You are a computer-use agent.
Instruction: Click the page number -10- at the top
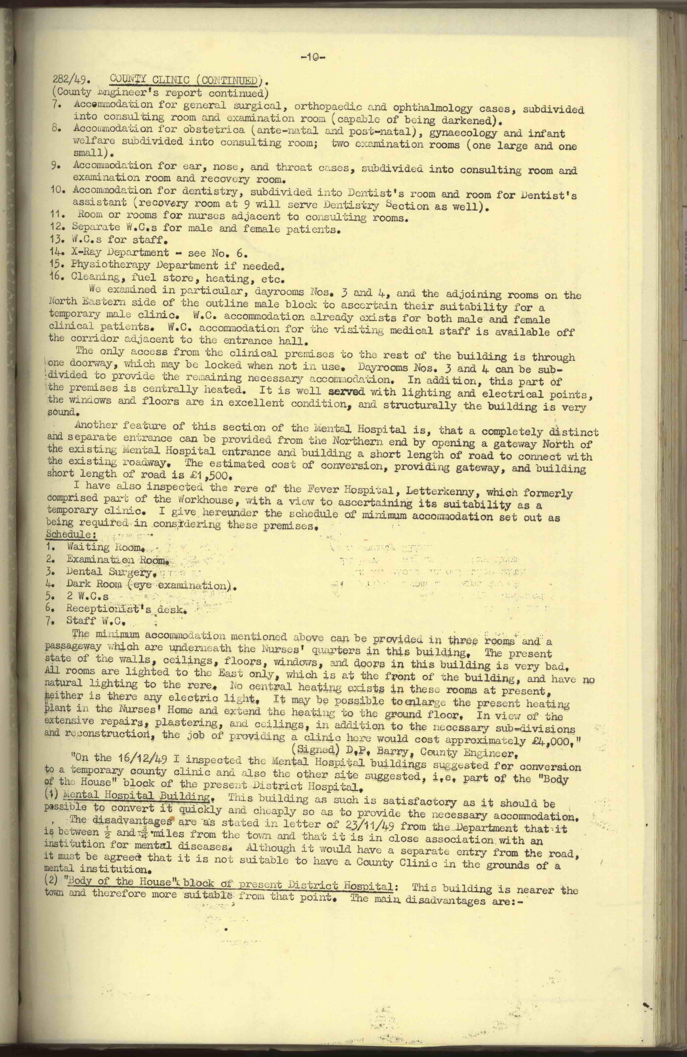(313, 57)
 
